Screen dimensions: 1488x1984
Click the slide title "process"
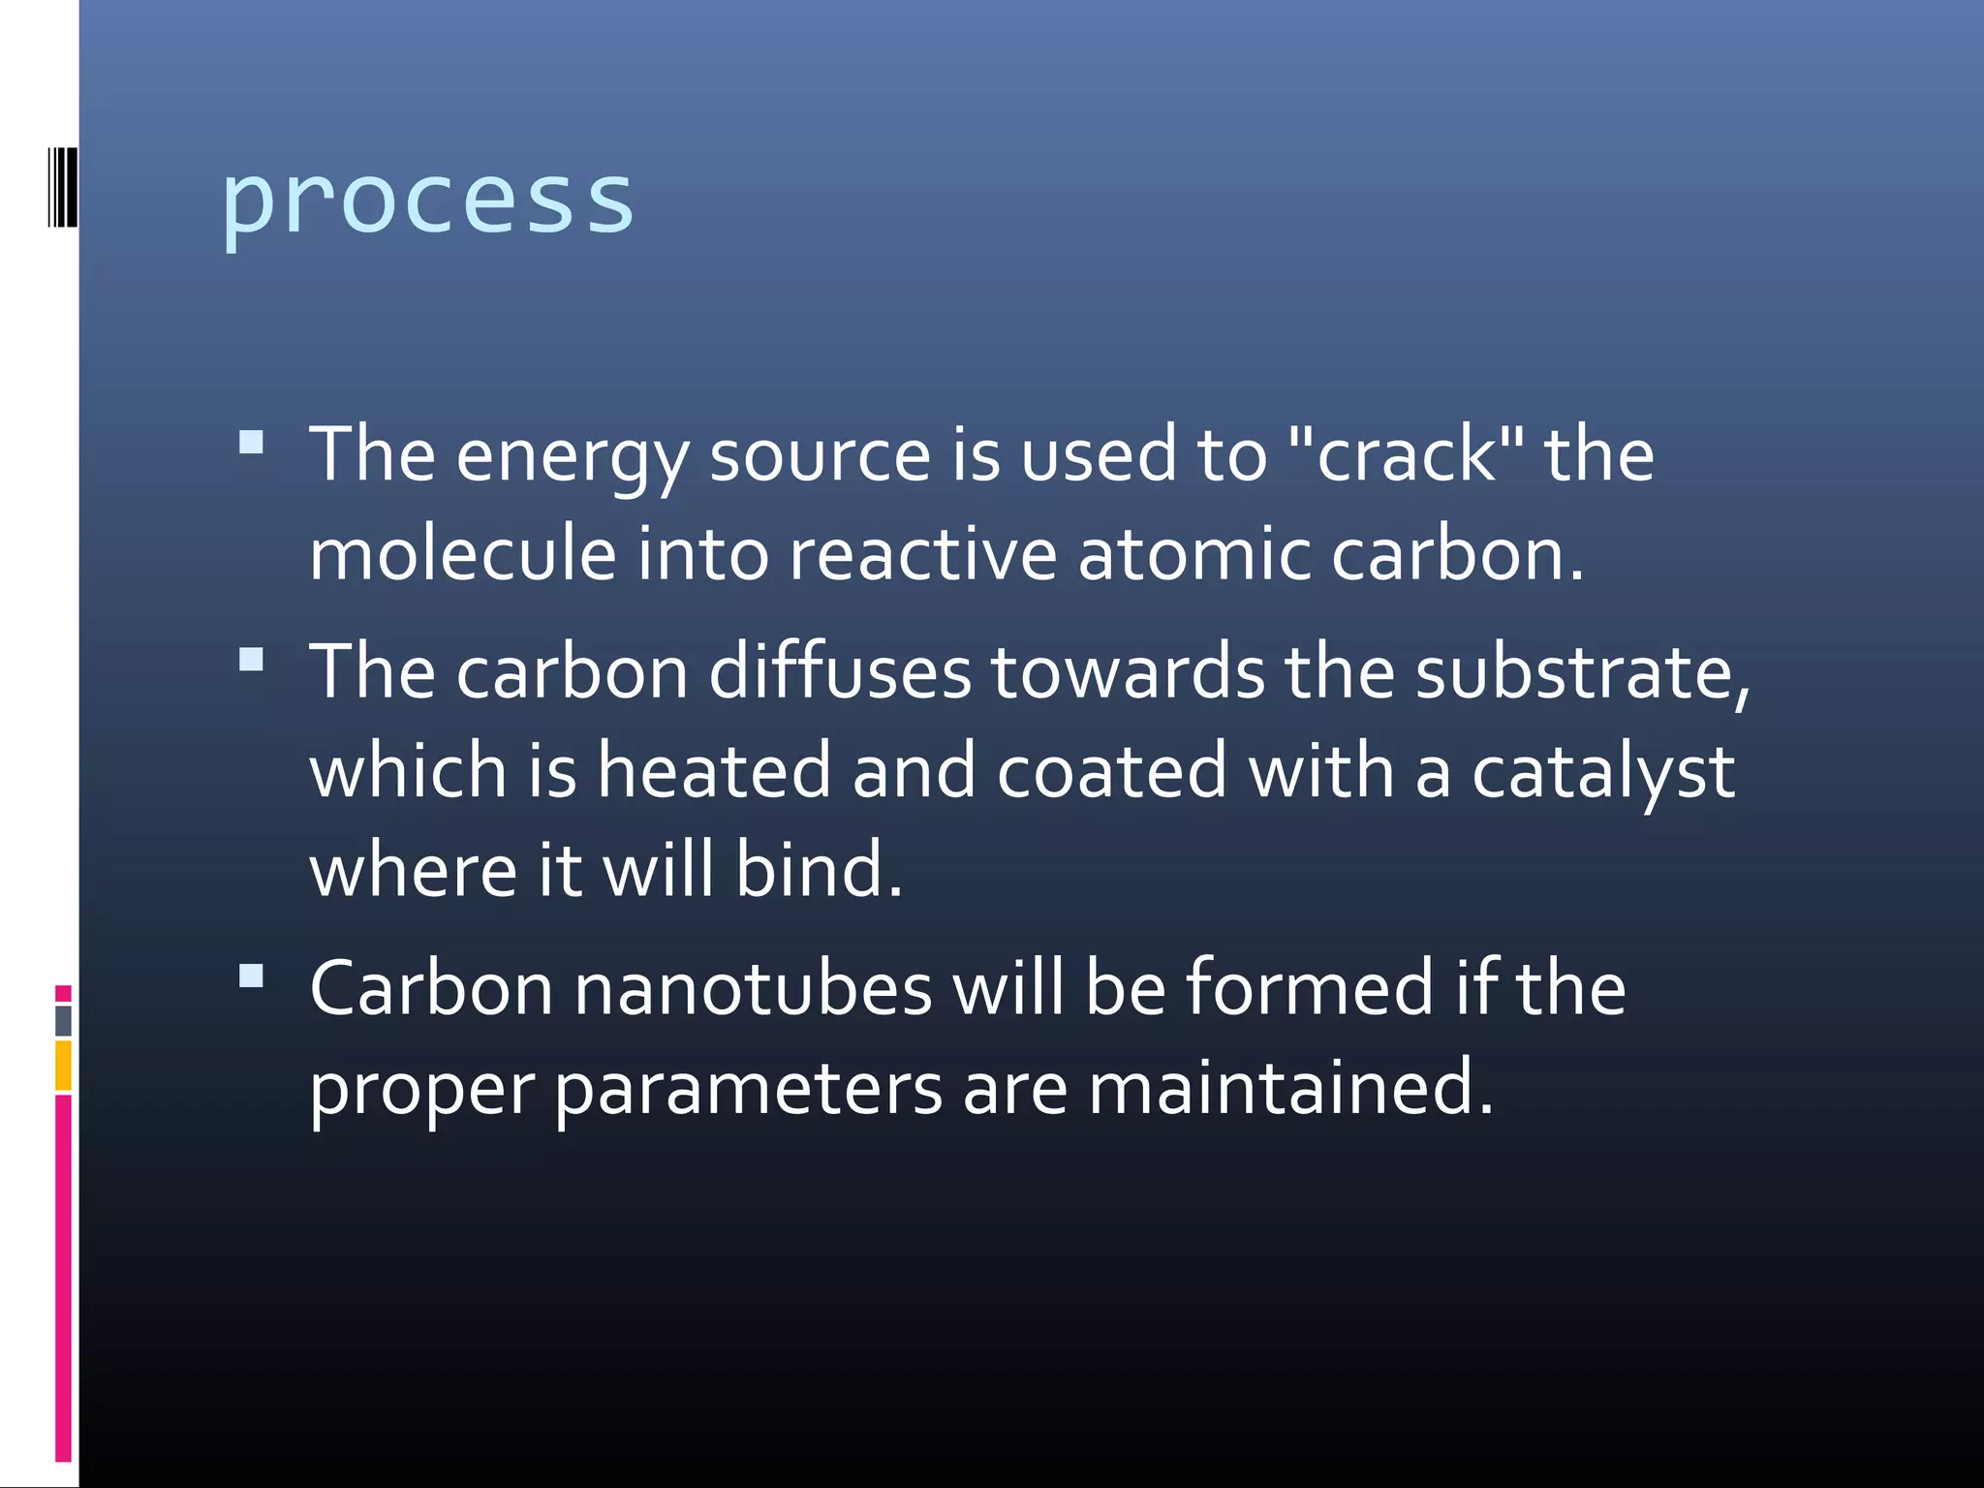(427, 201)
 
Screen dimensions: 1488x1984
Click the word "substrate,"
(1583, 671)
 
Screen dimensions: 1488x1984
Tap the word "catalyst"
(1603, 772)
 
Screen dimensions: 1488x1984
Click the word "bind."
(819, 869)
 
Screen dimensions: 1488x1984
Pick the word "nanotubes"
(752, 989)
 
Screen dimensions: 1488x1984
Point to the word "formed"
(1309, 988)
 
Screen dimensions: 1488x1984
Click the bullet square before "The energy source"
(251, 443)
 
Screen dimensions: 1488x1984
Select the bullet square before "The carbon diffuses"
(251, 660)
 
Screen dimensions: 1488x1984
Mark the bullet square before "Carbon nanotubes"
(251, 976)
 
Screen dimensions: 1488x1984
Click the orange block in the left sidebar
(63, 1065)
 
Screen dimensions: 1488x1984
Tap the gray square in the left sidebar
(63, 1020)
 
